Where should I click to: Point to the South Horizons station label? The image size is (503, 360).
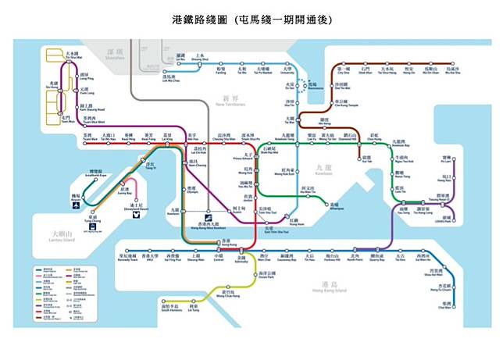point(171,308)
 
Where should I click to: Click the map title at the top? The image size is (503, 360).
point(251,17)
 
